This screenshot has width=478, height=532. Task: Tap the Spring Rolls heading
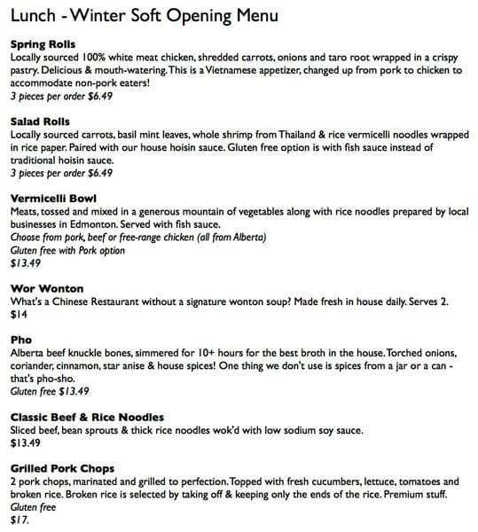(43, 44)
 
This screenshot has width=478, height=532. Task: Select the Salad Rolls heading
(40, 121)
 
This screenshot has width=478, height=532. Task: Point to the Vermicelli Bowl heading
(52, 198)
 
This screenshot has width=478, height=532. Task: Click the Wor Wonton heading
(46, 288)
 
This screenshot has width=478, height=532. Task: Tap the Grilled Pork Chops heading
(62, 468)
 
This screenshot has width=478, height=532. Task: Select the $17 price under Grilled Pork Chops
(20, 520)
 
